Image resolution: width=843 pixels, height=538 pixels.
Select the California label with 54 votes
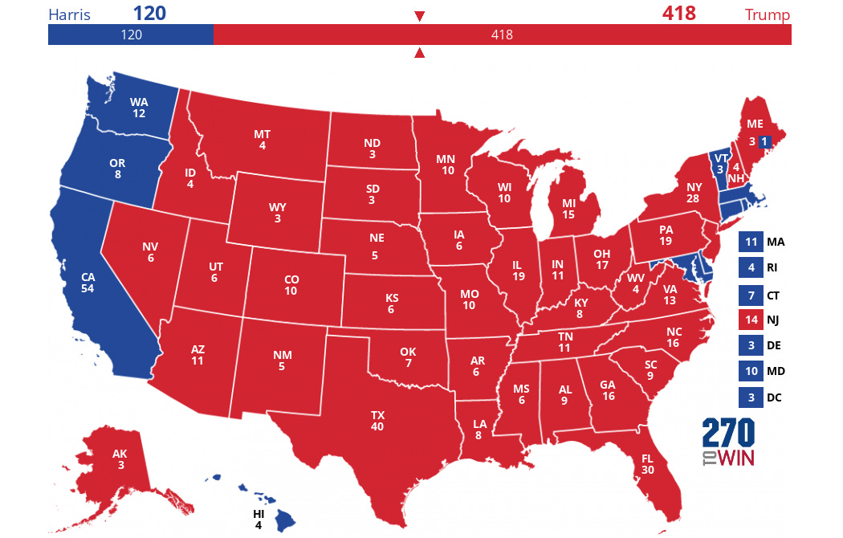click(x=88, y=282)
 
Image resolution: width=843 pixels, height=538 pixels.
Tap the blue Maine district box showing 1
click(x=765, y=142)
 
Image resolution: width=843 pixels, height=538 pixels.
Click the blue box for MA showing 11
click(x=750, y=242)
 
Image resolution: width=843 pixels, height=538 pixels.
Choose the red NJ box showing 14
click(x=750, y=320)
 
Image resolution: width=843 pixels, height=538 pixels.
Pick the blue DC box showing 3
click(x=750, y=397)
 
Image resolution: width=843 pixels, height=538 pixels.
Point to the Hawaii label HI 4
click(x=259, y=519)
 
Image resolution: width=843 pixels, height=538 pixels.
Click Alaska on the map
click(x=120, y=459)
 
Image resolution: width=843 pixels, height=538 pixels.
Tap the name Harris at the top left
click(x=69, y=14)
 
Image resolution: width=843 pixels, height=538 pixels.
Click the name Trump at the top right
click(x=767, y=14)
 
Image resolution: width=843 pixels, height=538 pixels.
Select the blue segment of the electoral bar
click(x=130, y=35)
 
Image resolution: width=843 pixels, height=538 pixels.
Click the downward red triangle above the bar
click(x=419, y=16)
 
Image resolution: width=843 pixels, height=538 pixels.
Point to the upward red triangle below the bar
click(x=419, y=54)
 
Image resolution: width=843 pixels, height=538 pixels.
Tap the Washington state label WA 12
click(x=139, y=108)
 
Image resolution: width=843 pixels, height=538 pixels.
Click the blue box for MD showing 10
click(x=750, y=372)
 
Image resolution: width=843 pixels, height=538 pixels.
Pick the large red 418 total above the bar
click(x=678, y=14)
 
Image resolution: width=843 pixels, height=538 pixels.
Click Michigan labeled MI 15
click(x=568, y=210)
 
